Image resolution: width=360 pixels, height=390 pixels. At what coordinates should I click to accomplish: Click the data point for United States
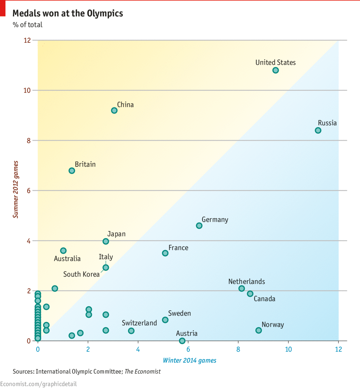(275, 70)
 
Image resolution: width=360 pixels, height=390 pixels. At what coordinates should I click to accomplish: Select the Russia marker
(318, 131)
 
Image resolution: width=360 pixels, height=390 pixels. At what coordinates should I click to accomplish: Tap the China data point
(114, 111)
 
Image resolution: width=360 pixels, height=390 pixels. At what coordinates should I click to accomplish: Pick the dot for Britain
(72, 171)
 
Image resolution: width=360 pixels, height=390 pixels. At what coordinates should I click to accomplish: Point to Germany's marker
(199, 226)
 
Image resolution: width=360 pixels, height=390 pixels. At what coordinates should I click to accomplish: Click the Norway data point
(258, 330)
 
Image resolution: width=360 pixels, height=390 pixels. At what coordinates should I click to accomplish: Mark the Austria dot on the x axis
(182, 341)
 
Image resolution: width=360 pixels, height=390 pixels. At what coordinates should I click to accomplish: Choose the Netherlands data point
(241, 289)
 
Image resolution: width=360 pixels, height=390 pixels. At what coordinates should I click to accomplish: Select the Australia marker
(63, 251)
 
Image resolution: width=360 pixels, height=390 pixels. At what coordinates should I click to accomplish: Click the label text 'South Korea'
(81, 274)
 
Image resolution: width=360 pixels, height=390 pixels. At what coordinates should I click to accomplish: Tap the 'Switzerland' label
(139, 323)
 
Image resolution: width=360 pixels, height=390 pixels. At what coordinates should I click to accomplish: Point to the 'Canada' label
(264, 299)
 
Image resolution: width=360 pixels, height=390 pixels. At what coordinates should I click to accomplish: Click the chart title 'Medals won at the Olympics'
(68, 13)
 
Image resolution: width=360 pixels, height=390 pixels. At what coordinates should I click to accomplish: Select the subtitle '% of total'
(28, 25)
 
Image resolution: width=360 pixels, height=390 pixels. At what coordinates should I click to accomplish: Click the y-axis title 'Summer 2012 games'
(16, 189)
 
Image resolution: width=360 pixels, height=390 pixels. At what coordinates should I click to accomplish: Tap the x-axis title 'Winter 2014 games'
(190, 360)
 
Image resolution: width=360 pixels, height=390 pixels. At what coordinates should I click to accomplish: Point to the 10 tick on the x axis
(288, 349)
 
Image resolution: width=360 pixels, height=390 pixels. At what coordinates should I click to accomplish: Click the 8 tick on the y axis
(29, 140)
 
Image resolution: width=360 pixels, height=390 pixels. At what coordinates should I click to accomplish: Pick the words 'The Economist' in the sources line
(142, 372)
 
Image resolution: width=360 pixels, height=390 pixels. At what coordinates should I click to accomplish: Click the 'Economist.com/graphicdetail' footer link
(38, 384)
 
